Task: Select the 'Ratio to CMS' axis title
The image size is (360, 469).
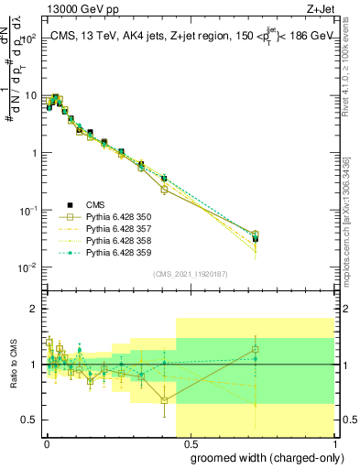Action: [x=12, y=366]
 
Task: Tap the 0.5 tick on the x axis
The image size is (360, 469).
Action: [x=191, y=442]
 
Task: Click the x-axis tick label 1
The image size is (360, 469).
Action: [x=334, y=442]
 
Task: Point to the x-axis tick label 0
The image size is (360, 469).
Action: [x=48, y=442]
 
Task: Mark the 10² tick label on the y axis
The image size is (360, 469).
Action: [x=29, y=38]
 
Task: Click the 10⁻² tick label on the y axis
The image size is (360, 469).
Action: [x=28, y=267]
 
